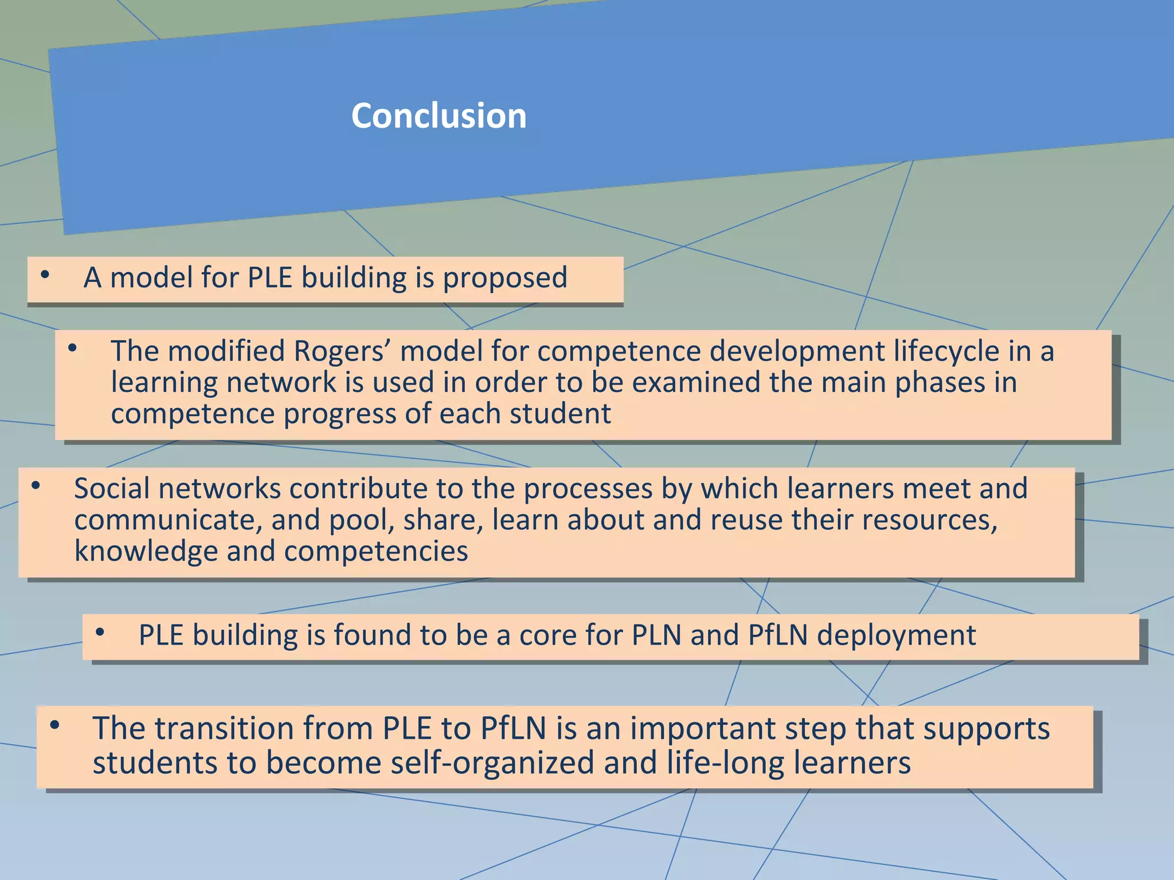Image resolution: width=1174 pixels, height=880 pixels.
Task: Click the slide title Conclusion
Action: pyautogui.click(x=439, y=116)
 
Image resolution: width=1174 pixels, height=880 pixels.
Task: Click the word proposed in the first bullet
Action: pyautogui.click(x=505, y=278)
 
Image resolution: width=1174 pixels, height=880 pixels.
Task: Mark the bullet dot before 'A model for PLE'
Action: pyautogui.click(x=45, y=275)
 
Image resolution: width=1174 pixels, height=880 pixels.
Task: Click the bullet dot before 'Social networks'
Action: pyautogui.click(x=36, y=486)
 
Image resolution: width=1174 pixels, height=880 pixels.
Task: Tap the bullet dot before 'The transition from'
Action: pyautogui.click(x=54, y=726)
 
